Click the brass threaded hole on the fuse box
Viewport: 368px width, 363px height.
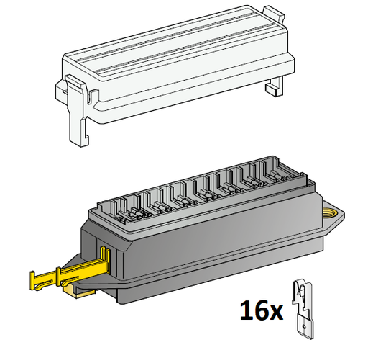coord(333,212)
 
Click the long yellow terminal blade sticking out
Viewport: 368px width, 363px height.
coord(57,276)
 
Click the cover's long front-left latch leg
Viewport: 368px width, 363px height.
coord(77,115)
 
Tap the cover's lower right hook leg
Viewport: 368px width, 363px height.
coord(274,86)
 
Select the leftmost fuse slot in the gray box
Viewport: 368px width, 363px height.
coord(119,205)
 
